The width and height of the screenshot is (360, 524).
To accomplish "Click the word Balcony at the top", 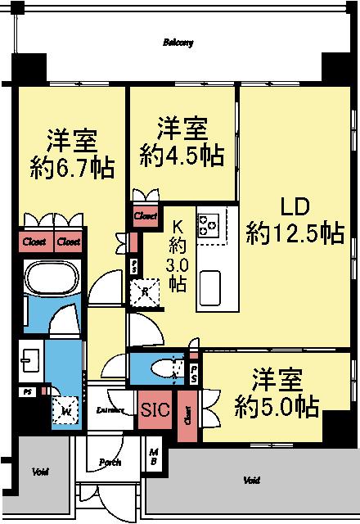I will [178, 43].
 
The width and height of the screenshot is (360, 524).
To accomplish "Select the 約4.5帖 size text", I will [182, 156].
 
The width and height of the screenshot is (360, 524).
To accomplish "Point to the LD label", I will [295, 205].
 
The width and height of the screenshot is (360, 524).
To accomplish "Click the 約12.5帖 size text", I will [295, 233].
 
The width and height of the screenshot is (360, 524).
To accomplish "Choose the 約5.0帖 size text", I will [274, 405].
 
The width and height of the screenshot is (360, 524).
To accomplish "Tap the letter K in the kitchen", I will [178, 226].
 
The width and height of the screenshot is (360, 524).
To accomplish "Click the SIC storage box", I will [155, 409].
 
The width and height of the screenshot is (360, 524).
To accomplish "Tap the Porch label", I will [110, 463].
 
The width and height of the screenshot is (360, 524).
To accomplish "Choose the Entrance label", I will [110, 409].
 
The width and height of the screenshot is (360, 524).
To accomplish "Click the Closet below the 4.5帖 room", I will [145, 215].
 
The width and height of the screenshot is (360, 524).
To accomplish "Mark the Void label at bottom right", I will [252, 480].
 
